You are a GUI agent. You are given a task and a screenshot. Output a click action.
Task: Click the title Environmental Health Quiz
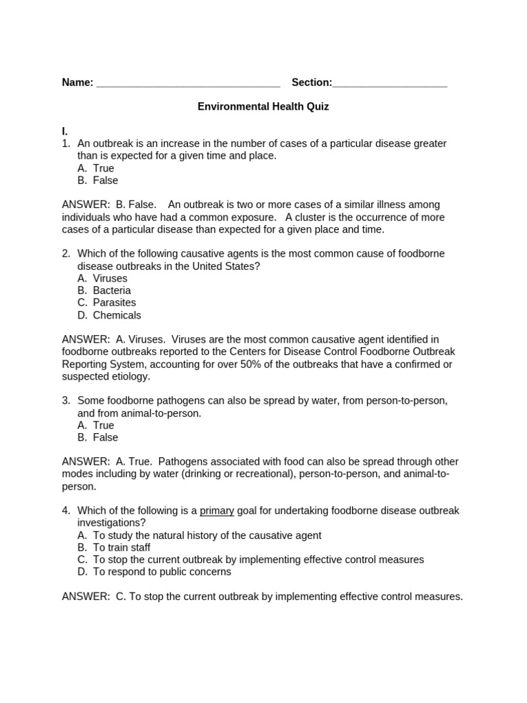point(263,107)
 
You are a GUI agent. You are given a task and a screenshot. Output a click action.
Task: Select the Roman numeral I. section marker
point(65,131)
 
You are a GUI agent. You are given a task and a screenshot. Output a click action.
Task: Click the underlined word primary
point(217,511)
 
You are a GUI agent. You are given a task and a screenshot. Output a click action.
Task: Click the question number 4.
point(66,511)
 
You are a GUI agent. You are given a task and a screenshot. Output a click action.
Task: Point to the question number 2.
point(66,254)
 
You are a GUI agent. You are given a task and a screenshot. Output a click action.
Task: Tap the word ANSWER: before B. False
point(86,205)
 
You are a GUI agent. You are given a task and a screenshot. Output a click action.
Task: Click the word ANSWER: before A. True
point(86,461)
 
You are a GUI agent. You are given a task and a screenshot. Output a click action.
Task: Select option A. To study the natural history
point(199,535)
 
